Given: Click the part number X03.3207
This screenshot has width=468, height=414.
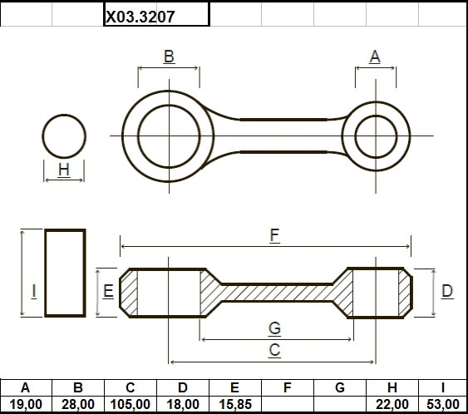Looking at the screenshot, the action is (140, 17).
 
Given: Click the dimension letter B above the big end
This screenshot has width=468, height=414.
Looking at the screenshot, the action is (169, 57).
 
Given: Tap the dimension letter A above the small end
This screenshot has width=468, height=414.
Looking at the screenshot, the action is (375, 57).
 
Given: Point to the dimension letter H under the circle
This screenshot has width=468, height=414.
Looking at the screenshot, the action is (64, 170).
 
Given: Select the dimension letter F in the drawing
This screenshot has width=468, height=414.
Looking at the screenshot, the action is (274, 235).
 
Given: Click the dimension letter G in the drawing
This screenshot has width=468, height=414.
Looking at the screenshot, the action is (274, 328).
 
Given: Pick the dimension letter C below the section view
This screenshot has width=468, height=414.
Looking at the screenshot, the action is (274, 350).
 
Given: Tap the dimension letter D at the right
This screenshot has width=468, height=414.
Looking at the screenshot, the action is (447, 291).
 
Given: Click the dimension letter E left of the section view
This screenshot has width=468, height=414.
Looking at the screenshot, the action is (108, 291).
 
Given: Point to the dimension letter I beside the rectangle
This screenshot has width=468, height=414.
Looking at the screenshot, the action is (34, 291).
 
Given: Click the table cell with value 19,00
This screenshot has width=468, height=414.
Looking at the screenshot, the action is (26, 405).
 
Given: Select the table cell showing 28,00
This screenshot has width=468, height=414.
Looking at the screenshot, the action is (78, 405).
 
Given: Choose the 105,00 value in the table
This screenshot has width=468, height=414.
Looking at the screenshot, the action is (131, 405).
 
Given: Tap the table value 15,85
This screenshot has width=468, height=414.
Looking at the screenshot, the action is (235, 405).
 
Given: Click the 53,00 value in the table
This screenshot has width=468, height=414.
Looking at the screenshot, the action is (443, 405).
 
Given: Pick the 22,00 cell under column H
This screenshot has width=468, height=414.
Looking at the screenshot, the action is (392, 405).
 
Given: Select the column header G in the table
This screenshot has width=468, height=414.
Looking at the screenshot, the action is (340, 387).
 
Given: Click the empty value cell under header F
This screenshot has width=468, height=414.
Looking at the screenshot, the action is (288, 405).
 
